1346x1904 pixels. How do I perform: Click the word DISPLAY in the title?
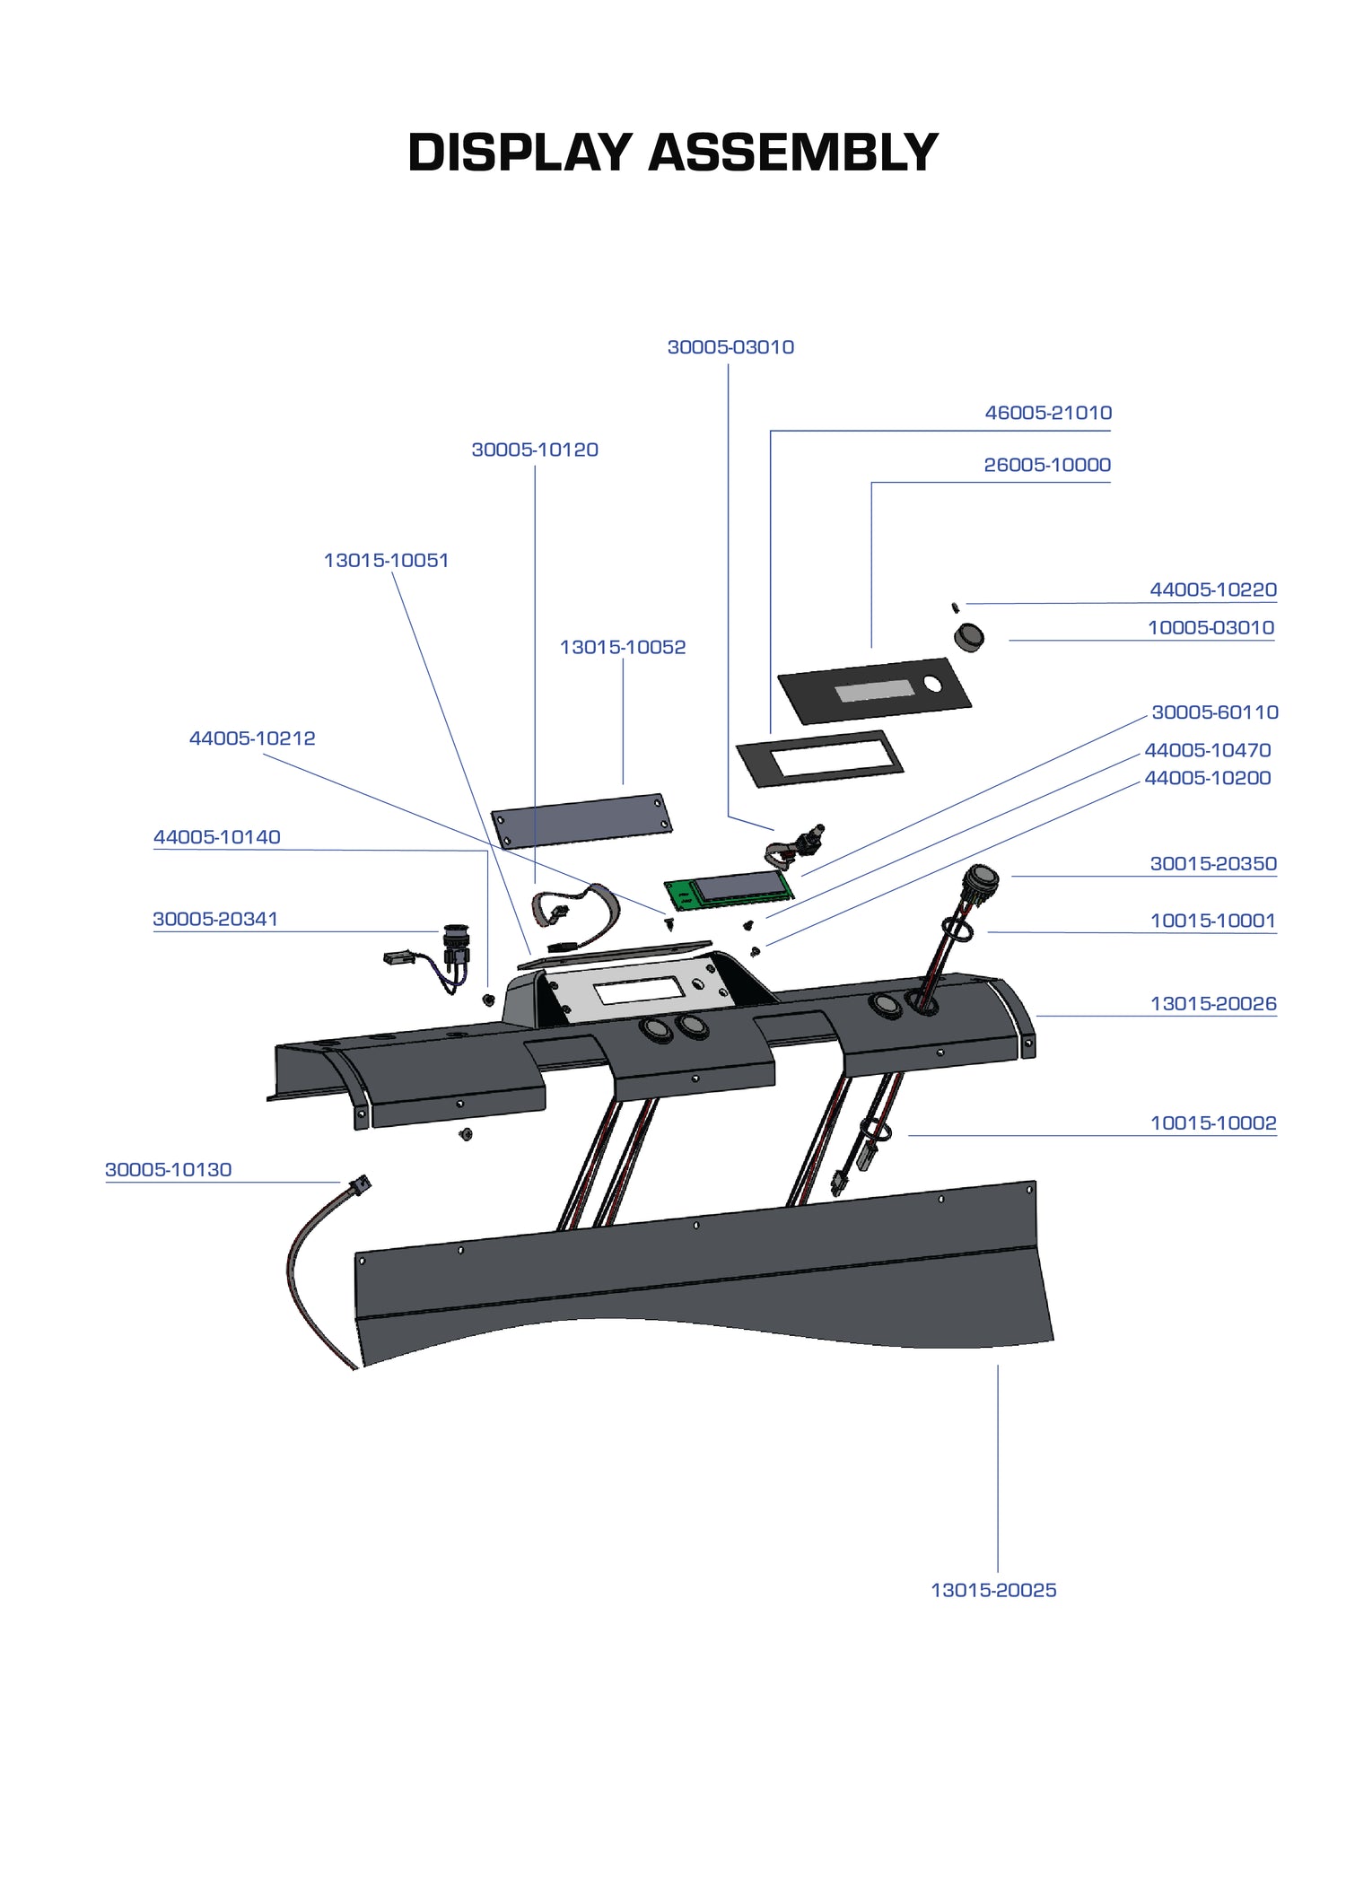point(520,153)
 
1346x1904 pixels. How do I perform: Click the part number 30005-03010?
point(730,347)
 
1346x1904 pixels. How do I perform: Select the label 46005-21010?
point(1048,413)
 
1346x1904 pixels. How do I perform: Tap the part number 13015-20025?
point(993,1590)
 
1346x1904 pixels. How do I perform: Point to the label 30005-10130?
point(168,1169)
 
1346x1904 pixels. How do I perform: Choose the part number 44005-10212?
point(252,738)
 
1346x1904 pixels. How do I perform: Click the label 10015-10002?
point(1212,1122)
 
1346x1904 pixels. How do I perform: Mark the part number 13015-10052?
point(622,647)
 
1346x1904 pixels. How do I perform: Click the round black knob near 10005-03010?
point(968,637)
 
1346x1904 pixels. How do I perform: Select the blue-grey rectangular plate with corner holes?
point(581,820)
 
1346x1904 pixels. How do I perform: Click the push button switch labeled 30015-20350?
point(980,877)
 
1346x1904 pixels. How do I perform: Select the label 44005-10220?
point(1212,590)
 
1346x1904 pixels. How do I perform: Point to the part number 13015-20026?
point(1212,1003)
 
